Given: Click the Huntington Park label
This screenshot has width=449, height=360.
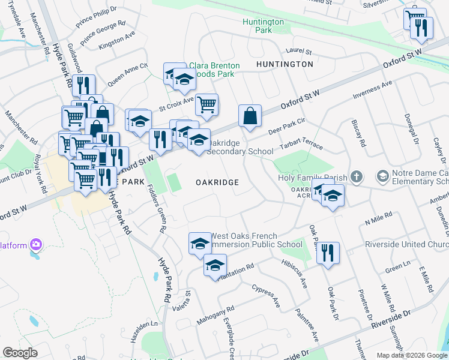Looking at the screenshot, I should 263,26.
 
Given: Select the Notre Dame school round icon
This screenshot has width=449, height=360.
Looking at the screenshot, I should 382,176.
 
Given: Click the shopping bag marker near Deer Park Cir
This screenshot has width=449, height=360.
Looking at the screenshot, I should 250,116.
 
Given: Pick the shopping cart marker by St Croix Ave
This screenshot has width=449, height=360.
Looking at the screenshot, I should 206,104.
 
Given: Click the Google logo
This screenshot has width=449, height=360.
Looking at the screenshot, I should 20,353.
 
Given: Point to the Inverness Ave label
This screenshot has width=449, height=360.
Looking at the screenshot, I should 372,89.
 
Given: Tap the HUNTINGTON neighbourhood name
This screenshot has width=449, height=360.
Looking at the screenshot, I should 285,64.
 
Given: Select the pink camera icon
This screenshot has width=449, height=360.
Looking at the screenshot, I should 37,244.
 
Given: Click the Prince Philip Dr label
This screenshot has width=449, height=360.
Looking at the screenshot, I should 96,17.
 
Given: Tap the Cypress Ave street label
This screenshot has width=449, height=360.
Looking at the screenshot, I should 266,296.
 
